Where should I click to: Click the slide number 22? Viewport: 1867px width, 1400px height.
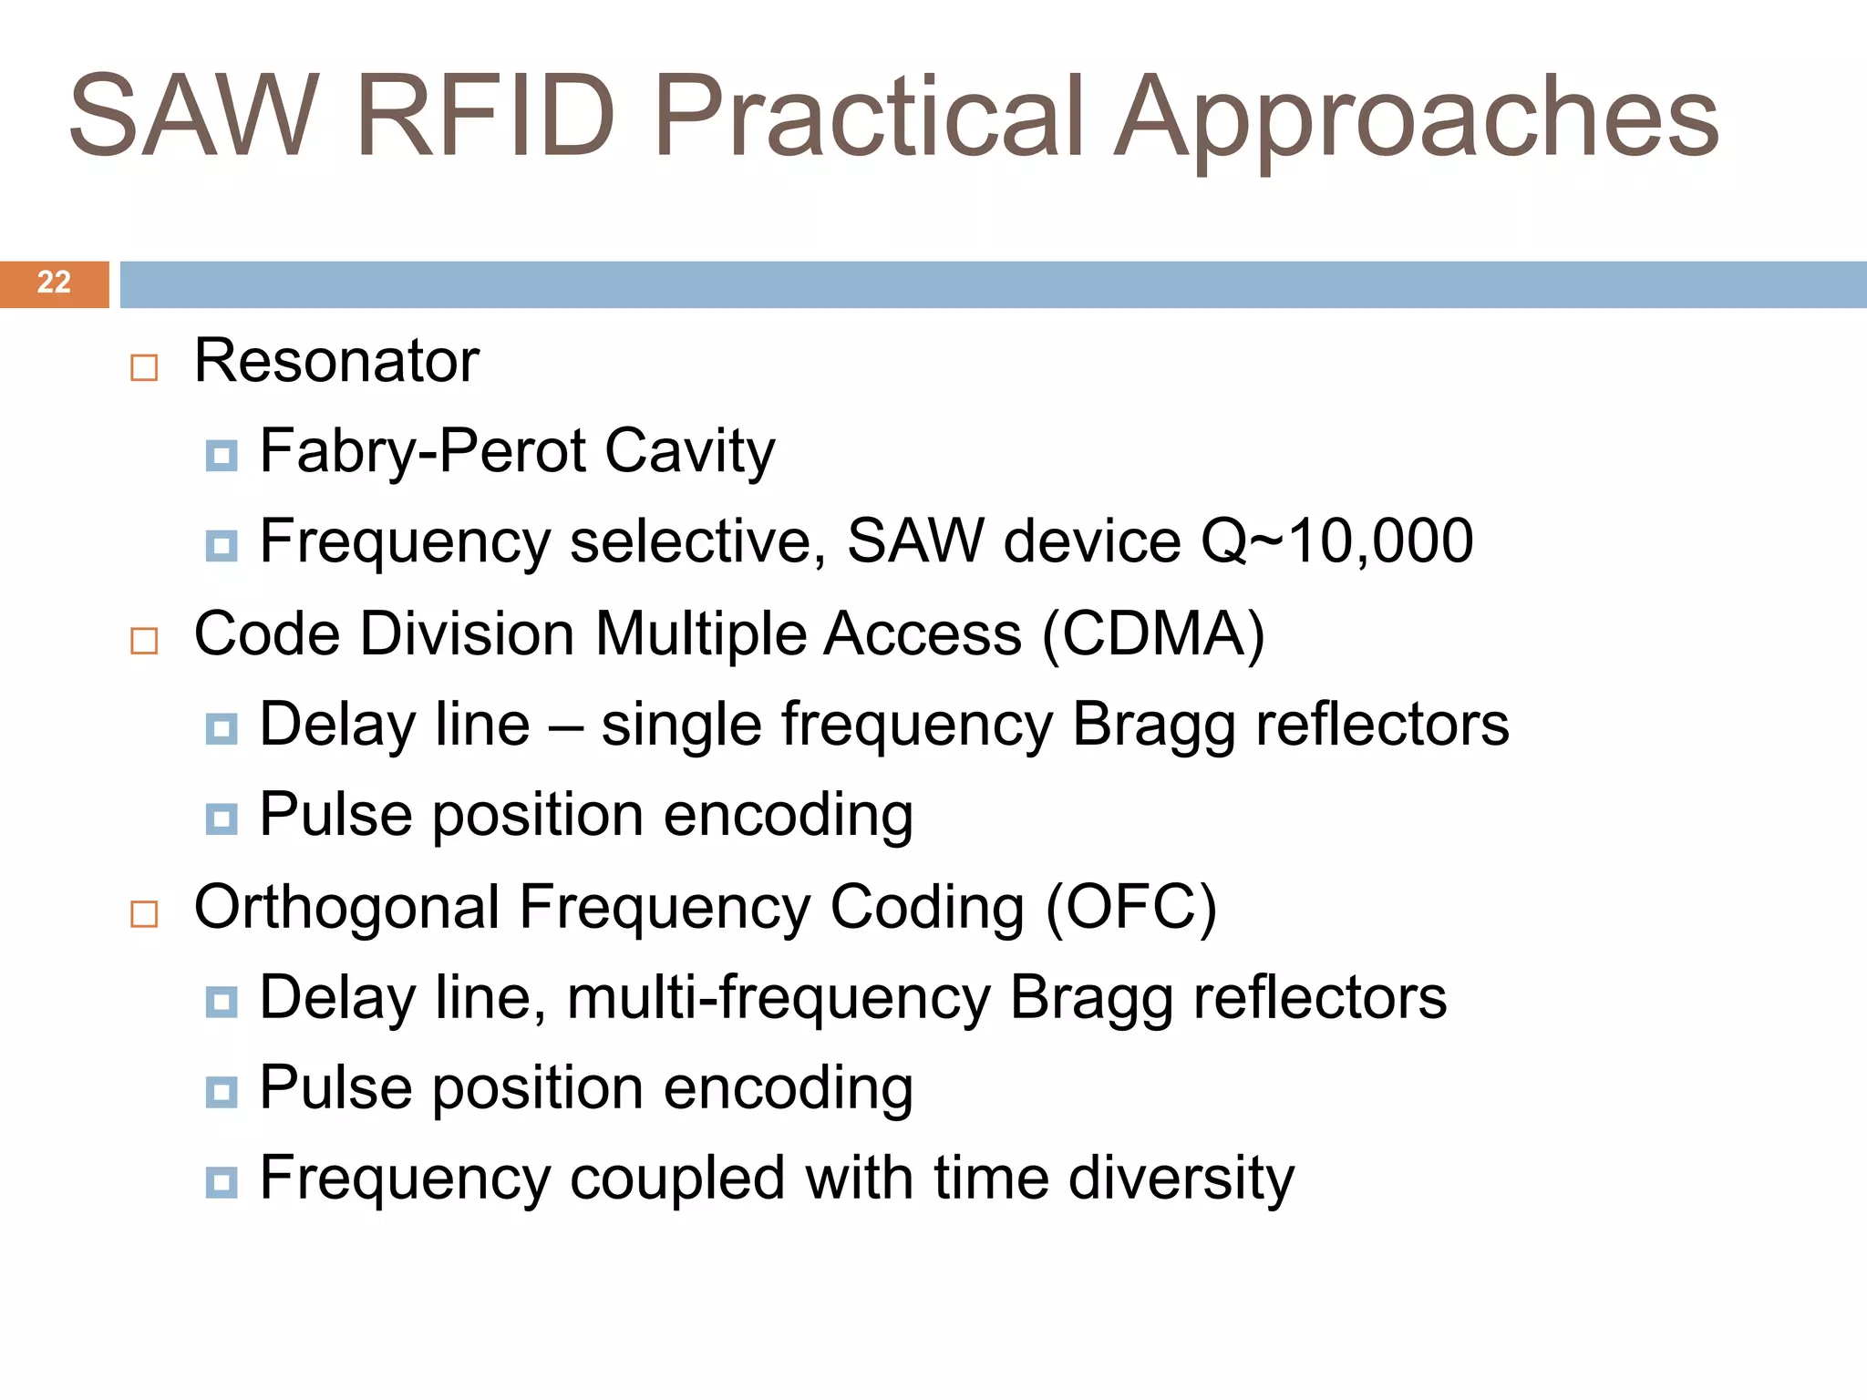click(54, 283)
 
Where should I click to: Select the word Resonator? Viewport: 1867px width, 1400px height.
click(336, 361)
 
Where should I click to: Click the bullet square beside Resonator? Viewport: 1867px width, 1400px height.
click(144, 367)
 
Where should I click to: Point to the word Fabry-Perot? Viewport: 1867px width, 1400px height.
click(423, 451)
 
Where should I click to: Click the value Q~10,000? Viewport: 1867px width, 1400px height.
click(1336, 541)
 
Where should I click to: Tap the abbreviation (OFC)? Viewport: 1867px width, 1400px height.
click(1130, 908)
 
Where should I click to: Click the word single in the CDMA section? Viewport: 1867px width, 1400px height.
click(681, 726)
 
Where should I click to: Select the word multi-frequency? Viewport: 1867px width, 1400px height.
click(779, 998)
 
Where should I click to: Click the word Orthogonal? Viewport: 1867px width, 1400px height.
click(347, 908)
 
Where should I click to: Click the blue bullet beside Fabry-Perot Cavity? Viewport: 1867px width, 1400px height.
click(222, 456)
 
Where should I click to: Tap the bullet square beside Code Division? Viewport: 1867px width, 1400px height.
click(144, 641)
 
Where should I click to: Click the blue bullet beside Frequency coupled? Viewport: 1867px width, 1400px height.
click(222, 1183)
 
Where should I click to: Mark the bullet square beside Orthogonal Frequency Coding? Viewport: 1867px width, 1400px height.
click(144, 913)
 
